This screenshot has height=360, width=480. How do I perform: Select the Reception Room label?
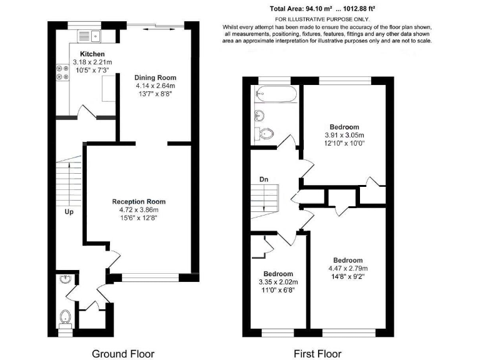pos(139,201)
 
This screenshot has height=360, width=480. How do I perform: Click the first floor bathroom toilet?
pos(267,132)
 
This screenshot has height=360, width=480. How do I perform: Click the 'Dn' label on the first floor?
pos(264,180)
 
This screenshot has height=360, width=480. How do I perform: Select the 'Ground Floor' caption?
pos(123,354)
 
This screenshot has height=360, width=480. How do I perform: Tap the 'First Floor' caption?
pos(318,354)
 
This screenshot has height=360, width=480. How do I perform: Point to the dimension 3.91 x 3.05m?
pos(346,134)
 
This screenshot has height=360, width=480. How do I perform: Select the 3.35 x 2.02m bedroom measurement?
pos(278,282)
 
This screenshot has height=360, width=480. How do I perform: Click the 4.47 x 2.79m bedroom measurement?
pos(347,269)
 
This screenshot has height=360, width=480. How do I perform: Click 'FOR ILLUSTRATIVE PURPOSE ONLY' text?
pos(322,19)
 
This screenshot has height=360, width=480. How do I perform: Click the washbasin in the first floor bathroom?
pos(259,115)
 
